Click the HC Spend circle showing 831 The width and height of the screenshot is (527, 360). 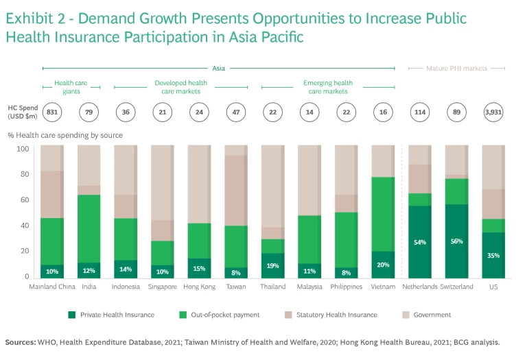tap(52, 112)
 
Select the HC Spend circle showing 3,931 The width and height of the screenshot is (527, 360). tap(493, 112)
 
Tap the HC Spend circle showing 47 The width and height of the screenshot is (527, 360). tap(235, 112)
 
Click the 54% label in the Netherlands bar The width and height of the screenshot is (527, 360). tap(419, 242)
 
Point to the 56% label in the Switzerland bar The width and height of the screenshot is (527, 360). tap(456, 241)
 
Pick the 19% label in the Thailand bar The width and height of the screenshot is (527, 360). tap(272, 265)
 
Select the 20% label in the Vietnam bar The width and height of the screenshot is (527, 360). tap(382, 265)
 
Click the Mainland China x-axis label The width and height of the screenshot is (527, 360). tap(52, 287)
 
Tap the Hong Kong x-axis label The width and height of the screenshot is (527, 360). tap(199, 287)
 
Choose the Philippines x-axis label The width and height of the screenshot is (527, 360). tap(346, 287)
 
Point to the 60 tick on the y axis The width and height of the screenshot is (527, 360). tap(25, 200)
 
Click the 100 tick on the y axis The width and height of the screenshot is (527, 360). tap(23, 149)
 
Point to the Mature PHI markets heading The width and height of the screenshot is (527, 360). tap(456, 69)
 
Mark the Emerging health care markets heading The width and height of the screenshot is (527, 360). tap(327, 87)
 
